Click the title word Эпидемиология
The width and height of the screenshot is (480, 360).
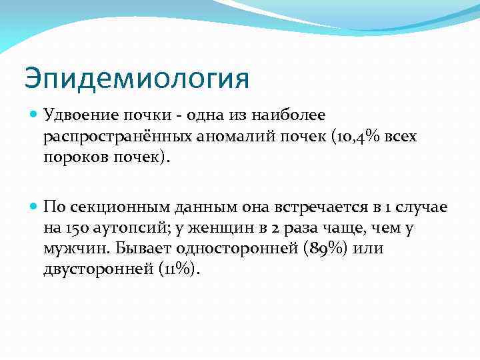(x=137, y=78)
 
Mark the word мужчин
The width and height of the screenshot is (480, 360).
(x=73, y=249)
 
